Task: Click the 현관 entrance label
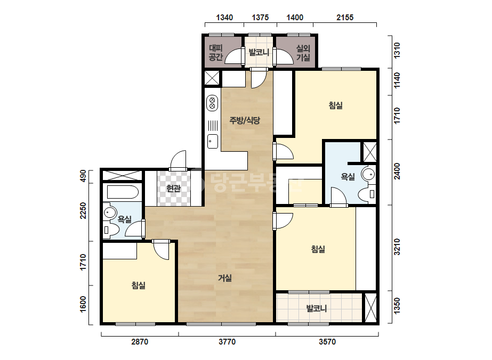pyautogui.click(x=174, y=189)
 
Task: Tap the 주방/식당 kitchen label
pyautogui.click(x=245, y=120)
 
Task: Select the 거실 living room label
pyautogui.click(x=225, y=278)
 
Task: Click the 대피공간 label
pyautogui.click(x=216, y=53)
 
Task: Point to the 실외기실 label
pyautogui.click(x=303, y=53)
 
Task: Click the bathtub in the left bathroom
pyautogui.click(x=123, y=192)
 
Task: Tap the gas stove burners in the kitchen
pyautogui.click(x=213, y=103)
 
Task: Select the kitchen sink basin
pyautogui.click(x=213, y=141)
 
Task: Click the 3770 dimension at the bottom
pyautogui.click(x=227, y=341)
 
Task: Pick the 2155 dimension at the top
pyautogui.click(x=345, y=18)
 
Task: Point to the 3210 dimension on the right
pyautogui.click(x=397, y=247)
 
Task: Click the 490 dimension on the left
pyautogui.click(x=83, y=176)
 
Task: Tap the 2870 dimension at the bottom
pyautogui.click(x=140, y=341)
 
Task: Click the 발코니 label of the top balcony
pyautogui.click(x=259, y=52)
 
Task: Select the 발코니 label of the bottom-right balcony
pyautogui.click(x=317, y=308)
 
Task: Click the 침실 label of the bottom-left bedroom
pyautogui.click(x=139, y=285)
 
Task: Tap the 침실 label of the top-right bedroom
pyautogui.click(x=335, y=105)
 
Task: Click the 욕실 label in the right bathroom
pyautogui.click(x=348, y=177)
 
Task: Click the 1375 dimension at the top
pyautogui.click(x=260, y=18)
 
